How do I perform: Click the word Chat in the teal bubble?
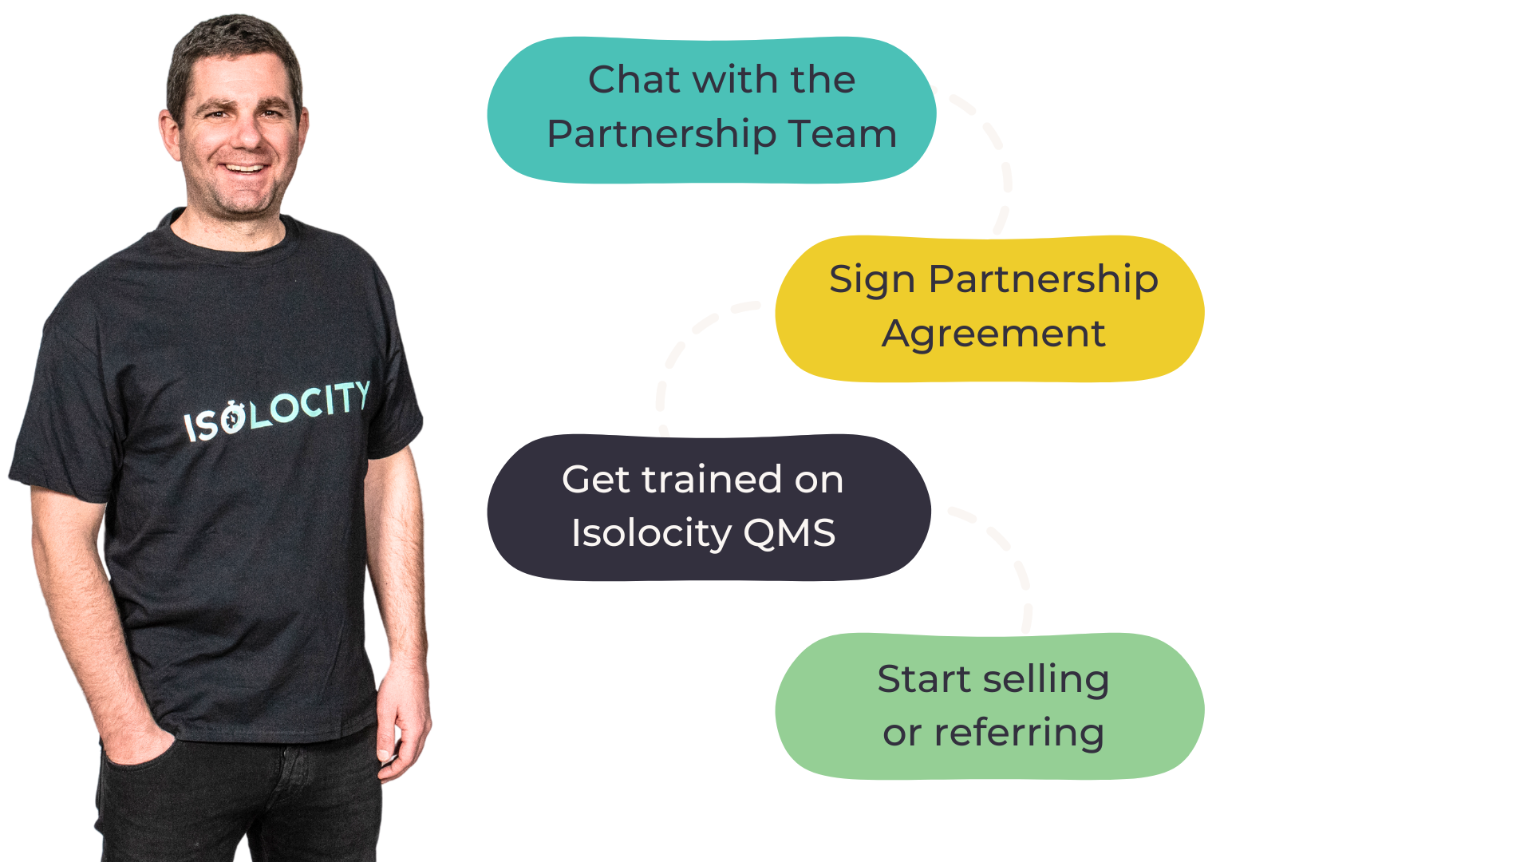[635, 80]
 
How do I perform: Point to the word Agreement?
[993, 334]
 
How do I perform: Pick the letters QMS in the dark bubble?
[789, 533]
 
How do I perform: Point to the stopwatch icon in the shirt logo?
[233, 418]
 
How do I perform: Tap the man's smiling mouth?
[244, 168]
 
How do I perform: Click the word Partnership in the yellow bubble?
[1043, 279]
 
